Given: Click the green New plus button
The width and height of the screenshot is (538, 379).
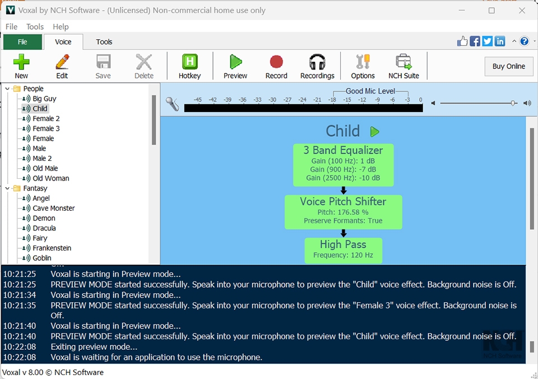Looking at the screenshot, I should coord(21,66).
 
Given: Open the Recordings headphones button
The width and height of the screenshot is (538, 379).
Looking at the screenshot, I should coord(317,66).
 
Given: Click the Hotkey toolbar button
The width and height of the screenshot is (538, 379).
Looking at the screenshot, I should coord(189,66).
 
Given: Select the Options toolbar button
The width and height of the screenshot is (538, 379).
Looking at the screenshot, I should coord(363,66).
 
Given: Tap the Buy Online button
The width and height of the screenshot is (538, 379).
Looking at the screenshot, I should coord(508,66).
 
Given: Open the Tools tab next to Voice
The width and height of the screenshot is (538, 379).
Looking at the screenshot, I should coord(104,41).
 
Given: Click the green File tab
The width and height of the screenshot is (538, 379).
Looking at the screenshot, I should coord(22,41).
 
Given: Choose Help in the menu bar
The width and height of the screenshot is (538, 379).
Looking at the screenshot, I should coord(61,26).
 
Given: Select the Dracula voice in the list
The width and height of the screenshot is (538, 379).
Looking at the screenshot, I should coord(44,228).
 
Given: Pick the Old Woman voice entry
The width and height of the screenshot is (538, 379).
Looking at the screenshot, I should coord(50,178).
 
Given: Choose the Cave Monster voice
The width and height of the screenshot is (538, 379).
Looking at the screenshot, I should coord(53,208).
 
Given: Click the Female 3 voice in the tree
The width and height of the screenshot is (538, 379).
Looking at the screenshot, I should coord(46,128).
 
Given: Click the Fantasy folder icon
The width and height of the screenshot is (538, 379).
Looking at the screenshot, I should coord(17,188).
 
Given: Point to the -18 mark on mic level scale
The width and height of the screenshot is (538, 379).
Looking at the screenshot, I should coord(332,100).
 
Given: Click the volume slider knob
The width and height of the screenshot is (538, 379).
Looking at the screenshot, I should coord(513,103).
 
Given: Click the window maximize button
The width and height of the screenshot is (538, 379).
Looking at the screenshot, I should coord(491,10).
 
